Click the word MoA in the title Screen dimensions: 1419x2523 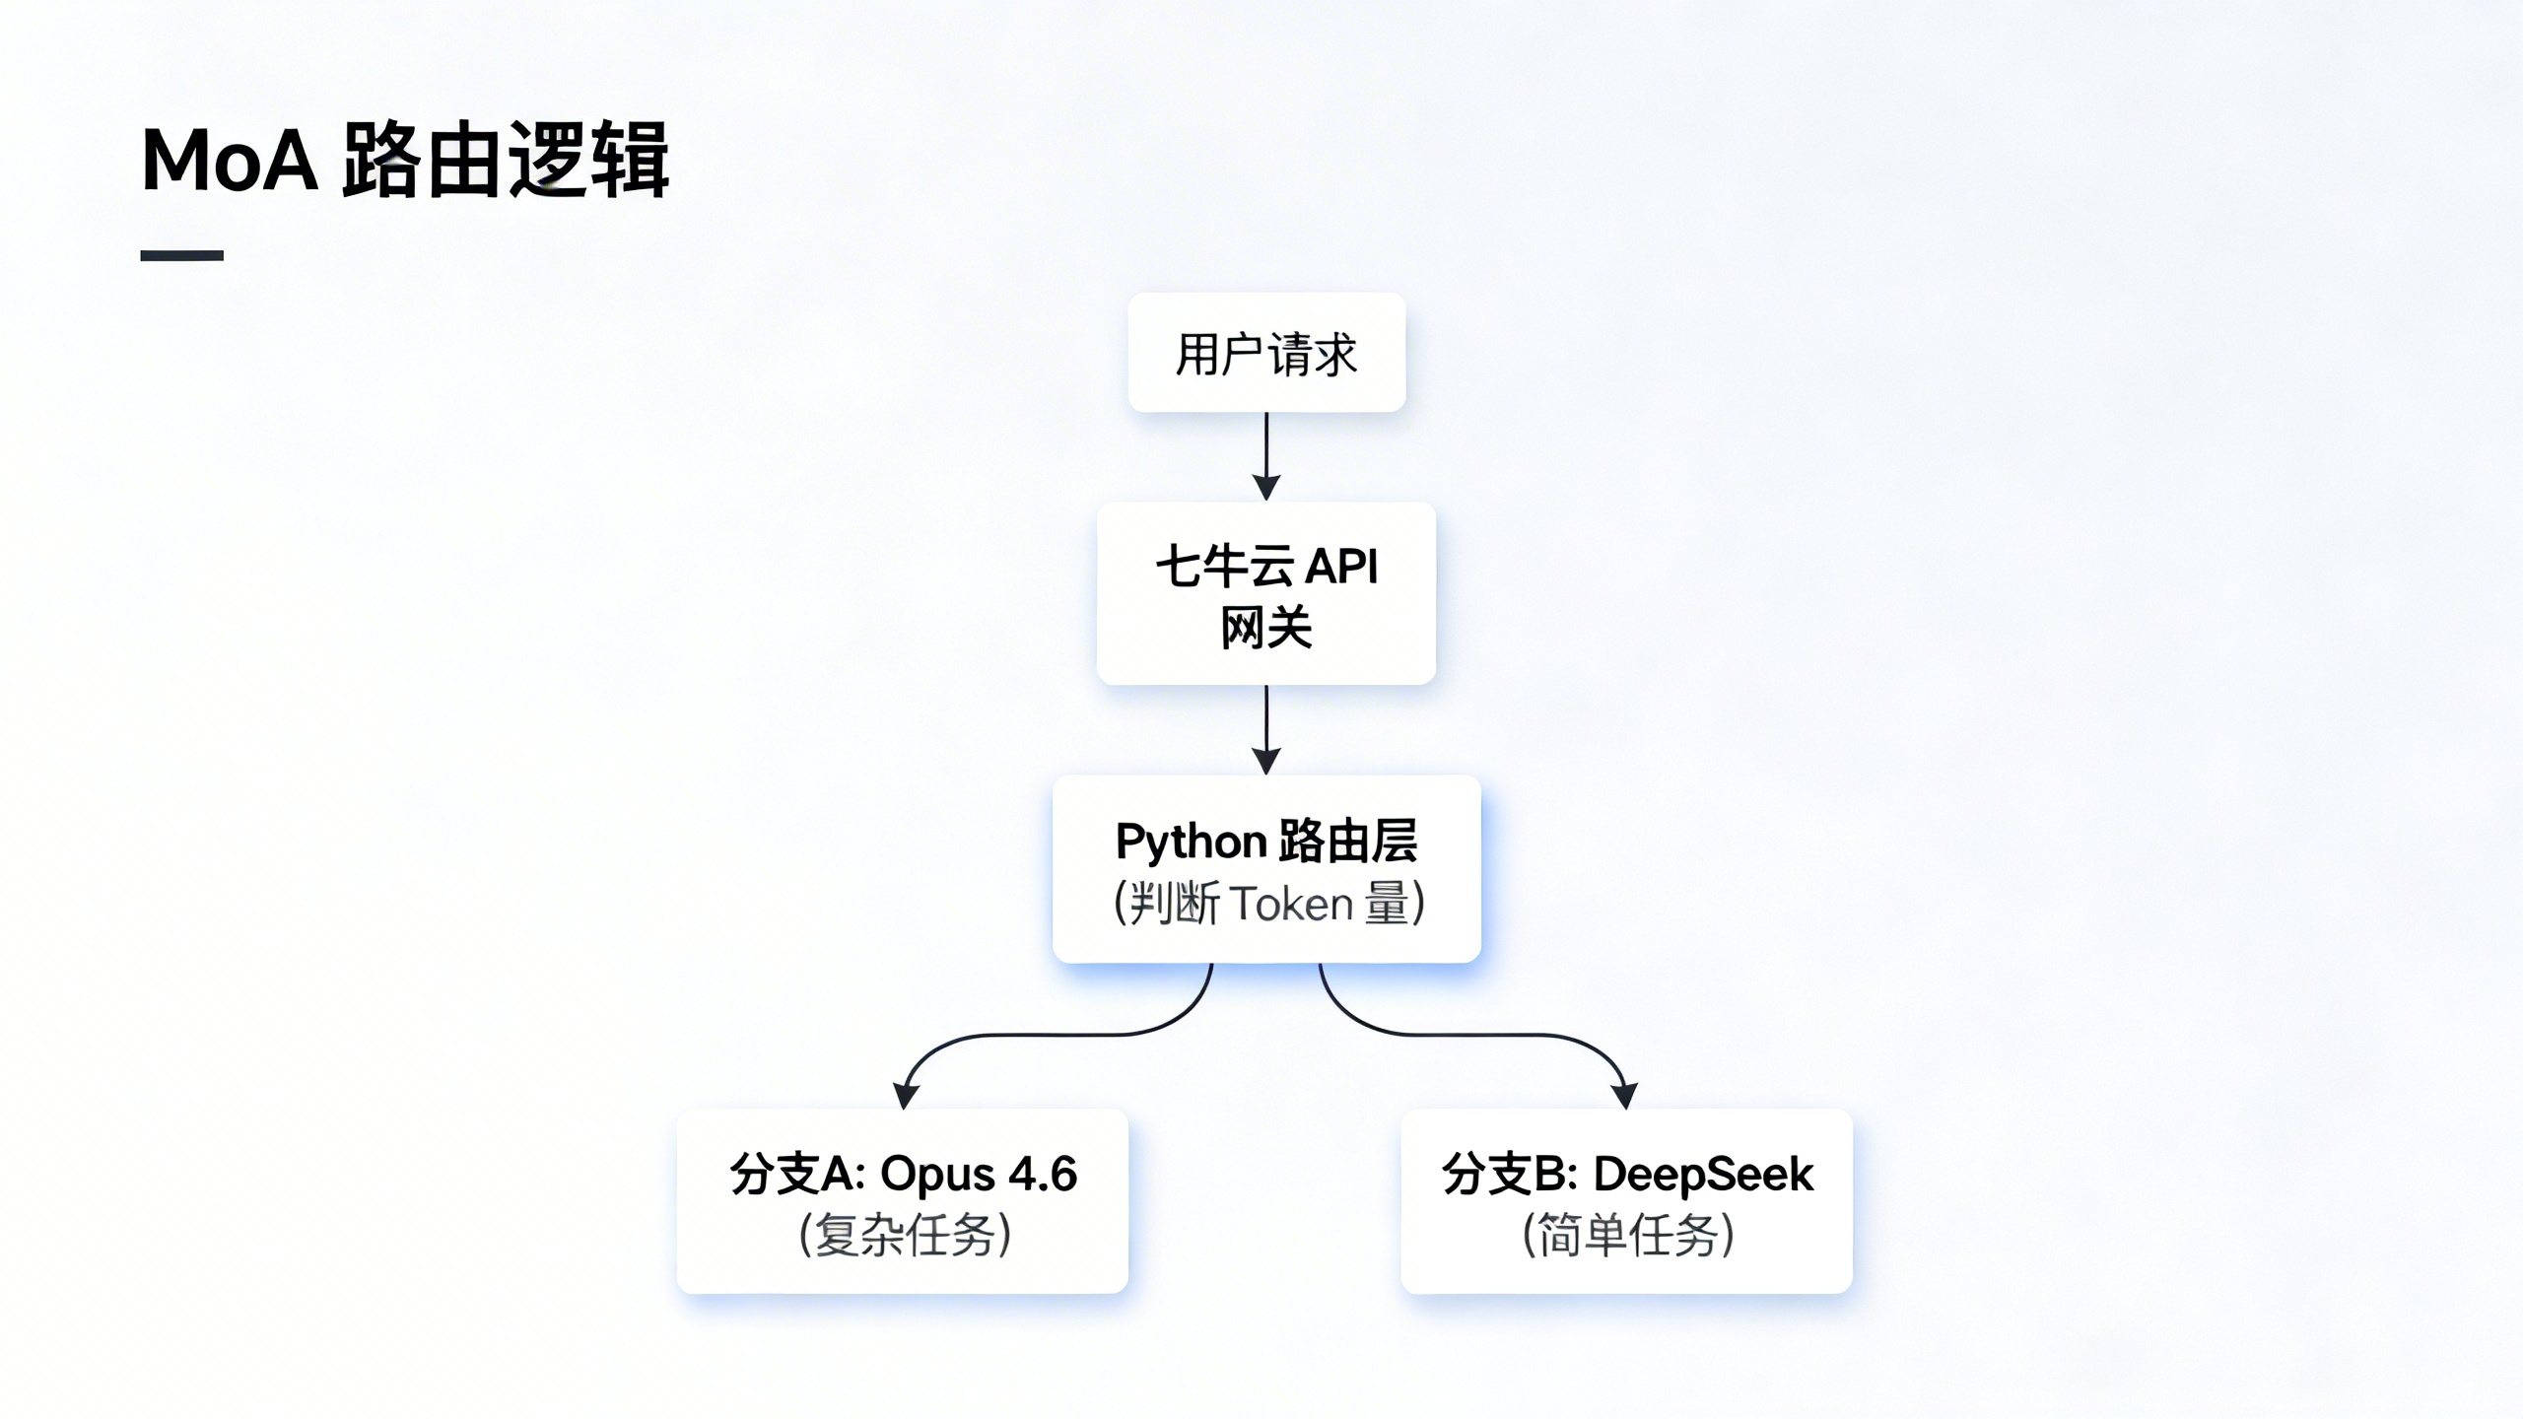230,160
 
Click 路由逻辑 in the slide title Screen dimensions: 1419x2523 506,160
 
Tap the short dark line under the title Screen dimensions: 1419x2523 181,255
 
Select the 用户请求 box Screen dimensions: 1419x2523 1266,353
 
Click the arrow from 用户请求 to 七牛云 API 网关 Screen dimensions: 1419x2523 1266,455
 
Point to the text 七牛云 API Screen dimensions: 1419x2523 1266,567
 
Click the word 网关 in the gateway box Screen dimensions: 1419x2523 1266,628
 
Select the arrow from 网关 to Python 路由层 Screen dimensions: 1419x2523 1266,729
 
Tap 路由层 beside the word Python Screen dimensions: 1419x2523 1348,842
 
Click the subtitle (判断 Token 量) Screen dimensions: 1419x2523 1268,904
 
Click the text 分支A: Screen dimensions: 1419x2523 797,1174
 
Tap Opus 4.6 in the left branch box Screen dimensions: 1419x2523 979,1174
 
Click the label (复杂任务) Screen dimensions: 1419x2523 905,1235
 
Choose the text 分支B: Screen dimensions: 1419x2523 1510,1174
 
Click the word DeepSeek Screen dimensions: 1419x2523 1703,1174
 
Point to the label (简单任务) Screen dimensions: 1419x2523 1628,1235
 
